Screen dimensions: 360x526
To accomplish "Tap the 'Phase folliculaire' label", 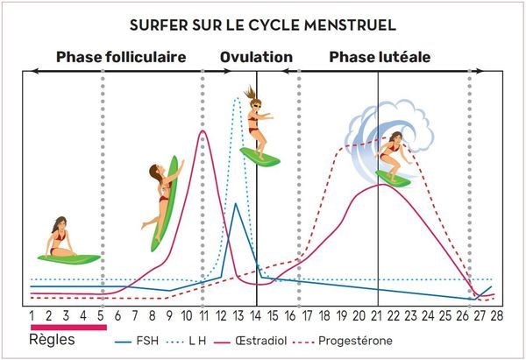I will coord(121,58).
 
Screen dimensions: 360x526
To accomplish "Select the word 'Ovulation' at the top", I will coord(256,58).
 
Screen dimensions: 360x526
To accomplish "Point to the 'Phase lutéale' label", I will coord(380,58).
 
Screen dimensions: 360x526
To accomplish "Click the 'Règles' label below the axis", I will coord(53,339).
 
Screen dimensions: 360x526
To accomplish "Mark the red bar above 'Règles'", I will coord(68,327).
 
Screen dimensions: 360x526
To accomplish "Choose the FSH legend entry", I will coord(148,340).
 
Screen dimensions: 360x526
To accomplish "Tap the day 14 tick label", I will coord(256,315).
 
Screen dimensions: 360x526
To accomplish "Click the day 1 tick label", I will coord(32,315).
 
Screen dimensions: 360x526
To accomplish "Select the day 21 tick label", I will coord(378,315).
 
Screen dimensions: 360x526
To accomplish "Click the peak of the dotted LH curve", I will coord(236,98).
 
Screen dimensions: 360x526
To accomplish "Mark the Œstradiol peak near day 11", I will coord(203,132).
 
